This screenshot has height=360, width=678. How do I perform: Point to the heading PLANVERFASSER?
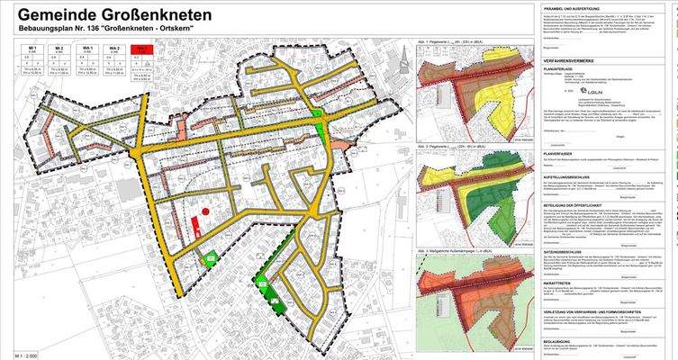point(561,154)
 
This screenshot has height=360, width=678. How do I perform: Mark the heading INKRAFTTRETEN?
point(561,285)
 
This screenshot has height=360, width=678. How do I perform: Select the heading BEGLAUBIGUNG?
point(560,339)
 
